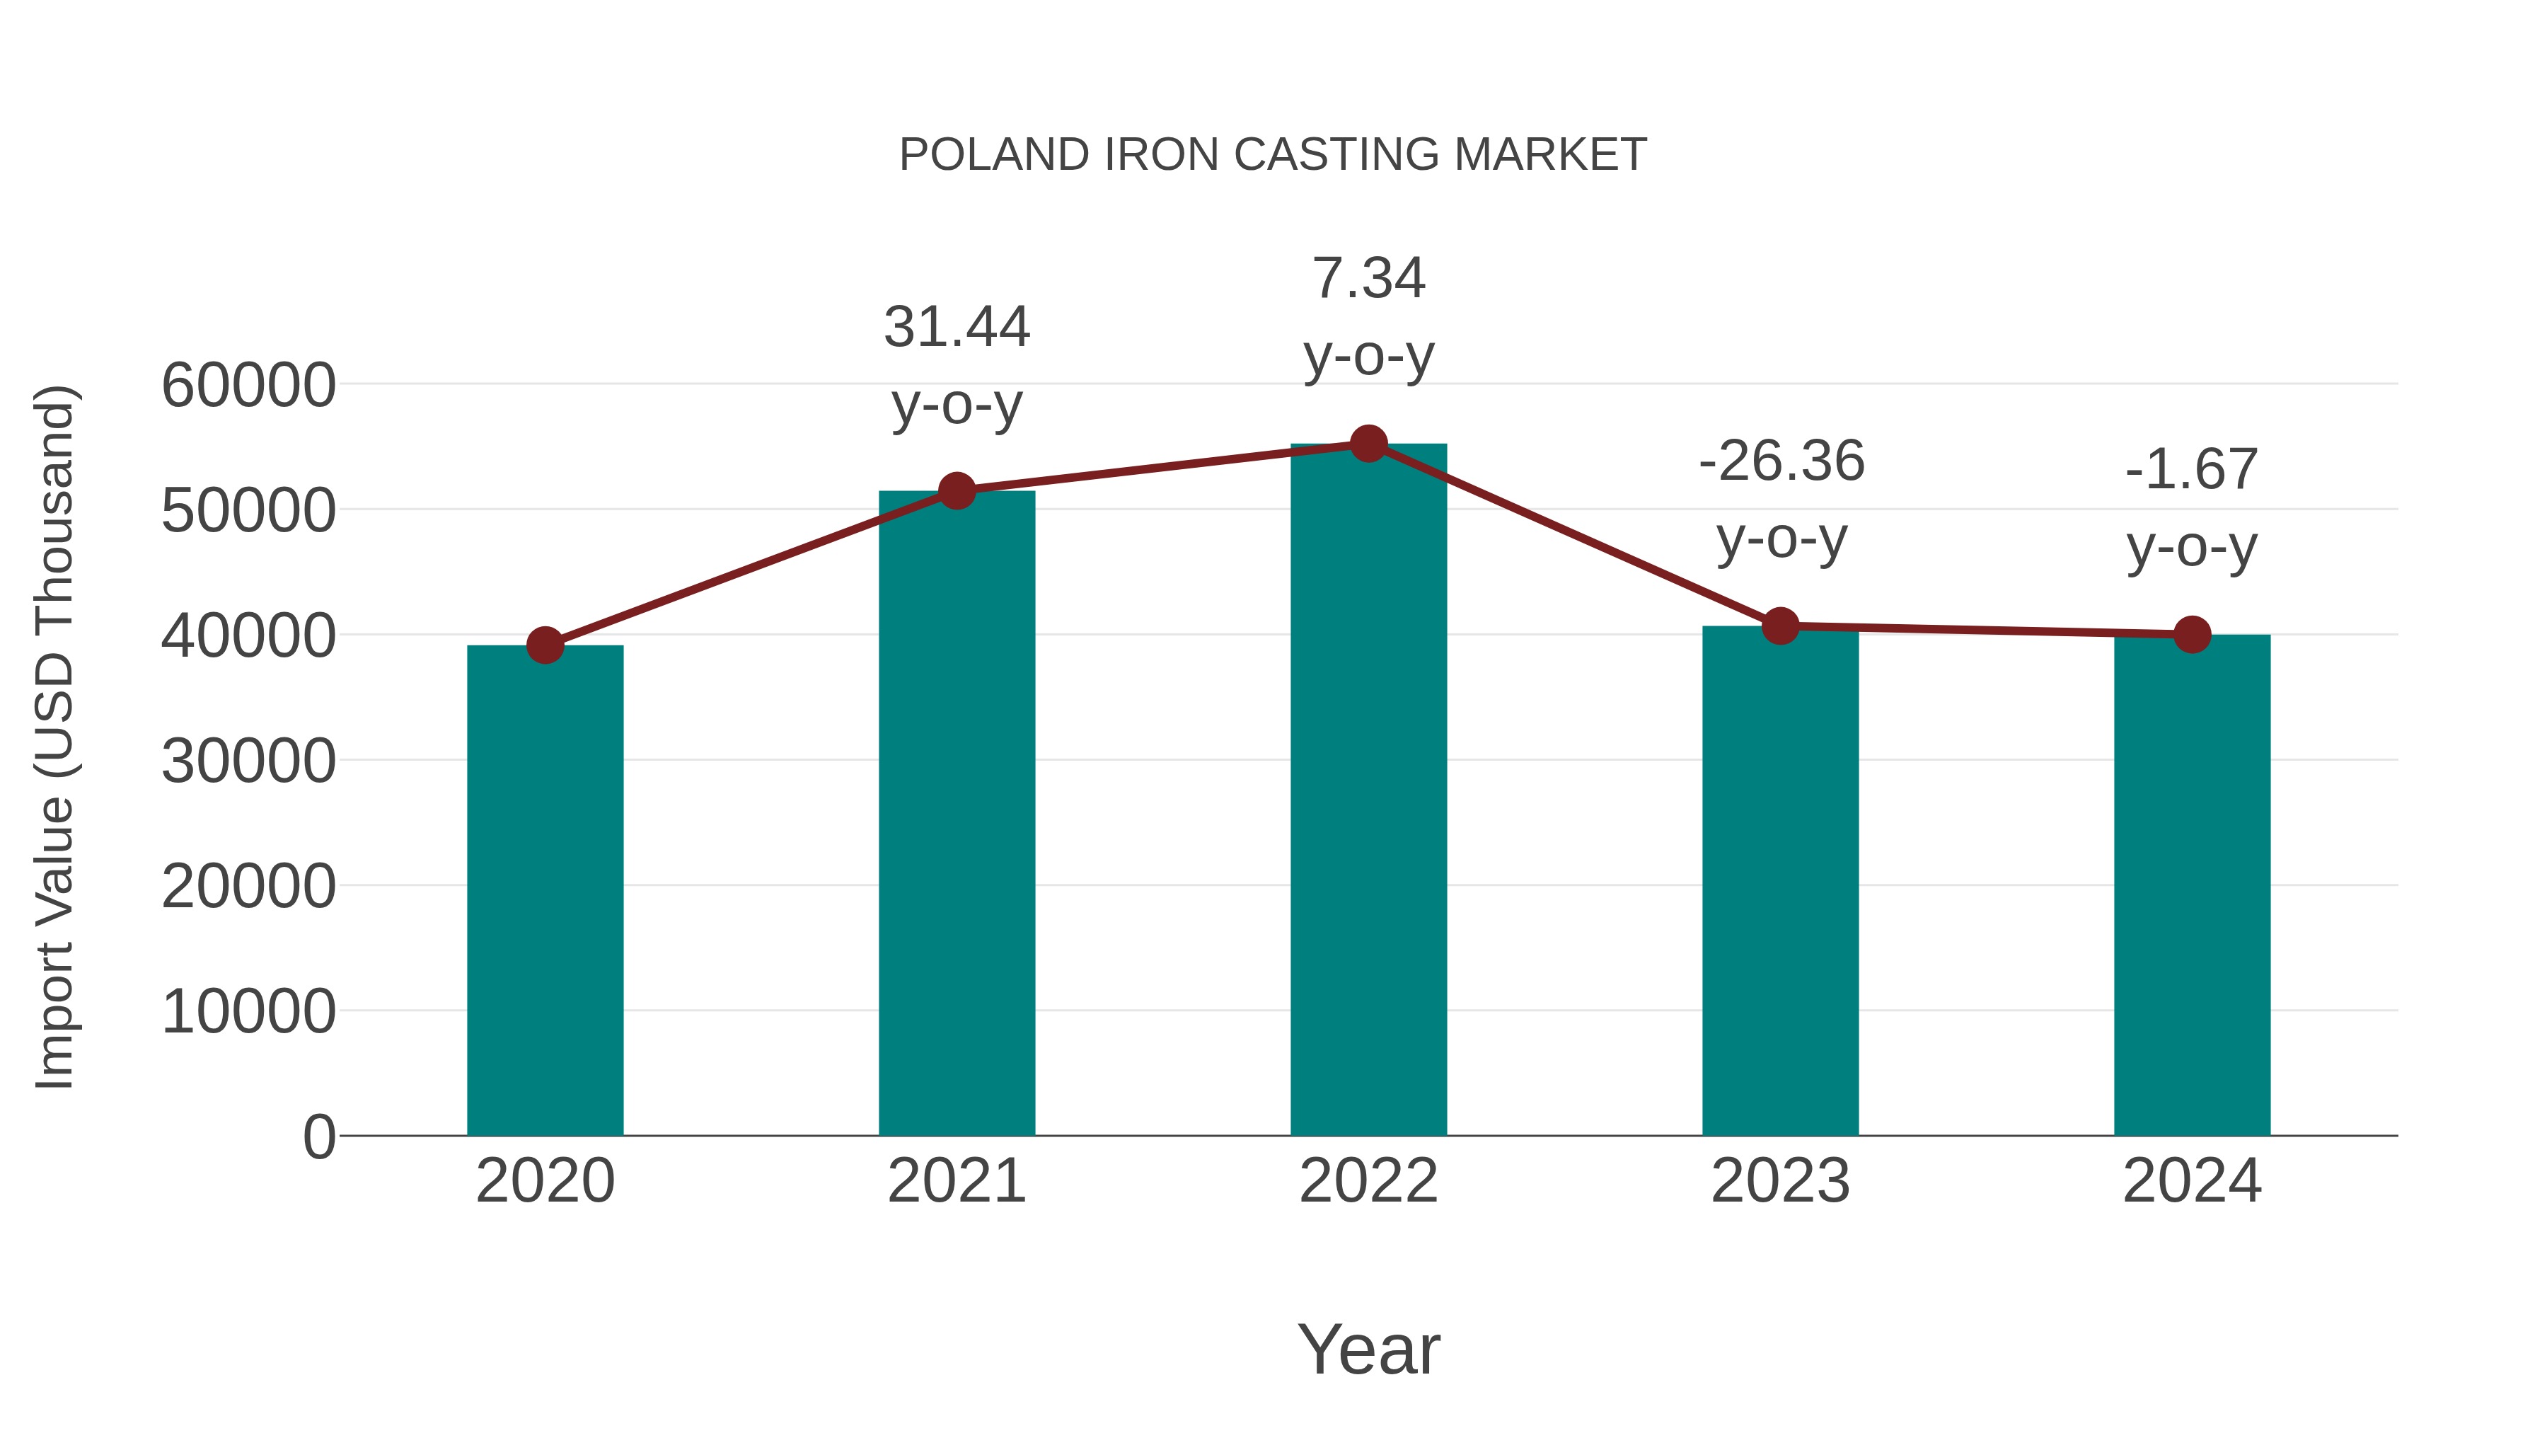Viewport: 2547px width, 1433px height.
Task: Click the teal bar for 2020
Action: tap(545, 890)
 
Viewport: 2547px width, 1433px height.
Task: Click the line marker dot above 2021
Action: tap(957, 490)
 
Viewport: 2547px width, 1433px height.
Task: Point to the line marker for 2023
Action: tap(1780, 626)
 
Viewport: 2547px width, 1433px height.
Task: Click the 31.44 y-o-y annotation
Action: tap(957, 328)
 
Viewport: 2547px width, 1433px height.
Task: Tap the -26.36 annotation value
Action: tap(1781, 462)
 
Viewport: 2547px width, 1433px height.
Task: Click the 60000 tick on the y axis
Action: tap(248, 385)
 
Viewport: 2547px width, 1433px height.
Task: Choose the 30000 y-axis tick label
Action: tap(248, 761)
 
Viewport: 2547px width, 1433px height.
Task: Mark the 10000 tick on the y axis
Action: tap(248, 1012)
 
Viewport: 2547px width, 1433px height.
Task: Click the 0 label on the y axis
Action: tap(319, 1136)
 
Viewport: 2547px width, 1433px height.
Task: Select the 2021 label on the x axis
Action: tap(957, 1181)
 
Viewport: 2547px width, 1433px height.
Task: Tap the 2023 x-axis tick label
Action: tap(1780, 1181)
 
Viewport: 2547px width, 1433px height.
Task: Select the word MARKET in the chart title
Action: tap(1550, 155)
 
